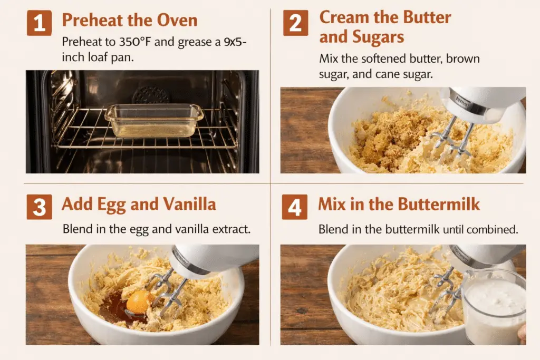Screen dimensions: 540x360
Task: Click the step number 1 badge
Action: [39, 23]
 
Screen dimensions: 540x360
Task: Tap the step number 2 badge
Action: [295, 23]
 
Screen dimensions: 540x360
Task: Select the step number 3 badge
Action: [39, 207]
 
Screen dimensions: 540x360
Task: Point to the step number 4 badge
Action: [294, 207]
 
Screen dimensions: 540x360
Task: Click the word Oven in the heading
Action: [177, 20]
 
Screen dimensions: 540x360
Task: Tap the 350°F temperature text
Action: [135, 42]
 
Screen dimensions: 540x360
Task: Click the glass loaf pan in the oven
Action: [154, 121]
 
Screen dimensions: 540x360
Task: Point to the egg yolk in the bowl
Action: [140, 302]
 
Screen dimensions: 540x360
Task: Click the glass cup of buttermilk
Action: [494, 307]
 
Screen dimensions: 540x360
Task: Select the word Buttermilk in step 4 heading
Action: [439, 204]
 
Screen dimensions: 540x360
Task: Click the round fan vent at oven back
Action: [150, 95]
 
